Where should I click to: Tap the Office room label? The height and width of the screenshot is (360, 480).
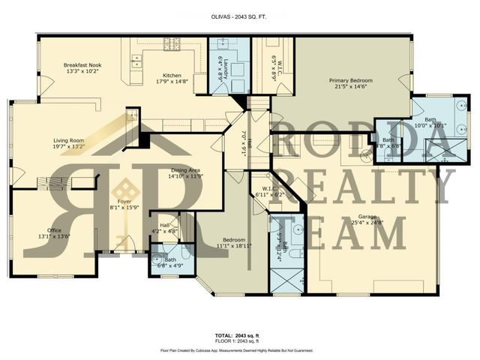click(53, 230)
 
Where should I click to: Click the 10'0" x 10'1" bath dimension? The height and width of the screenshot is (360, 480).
click(431, 124)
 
